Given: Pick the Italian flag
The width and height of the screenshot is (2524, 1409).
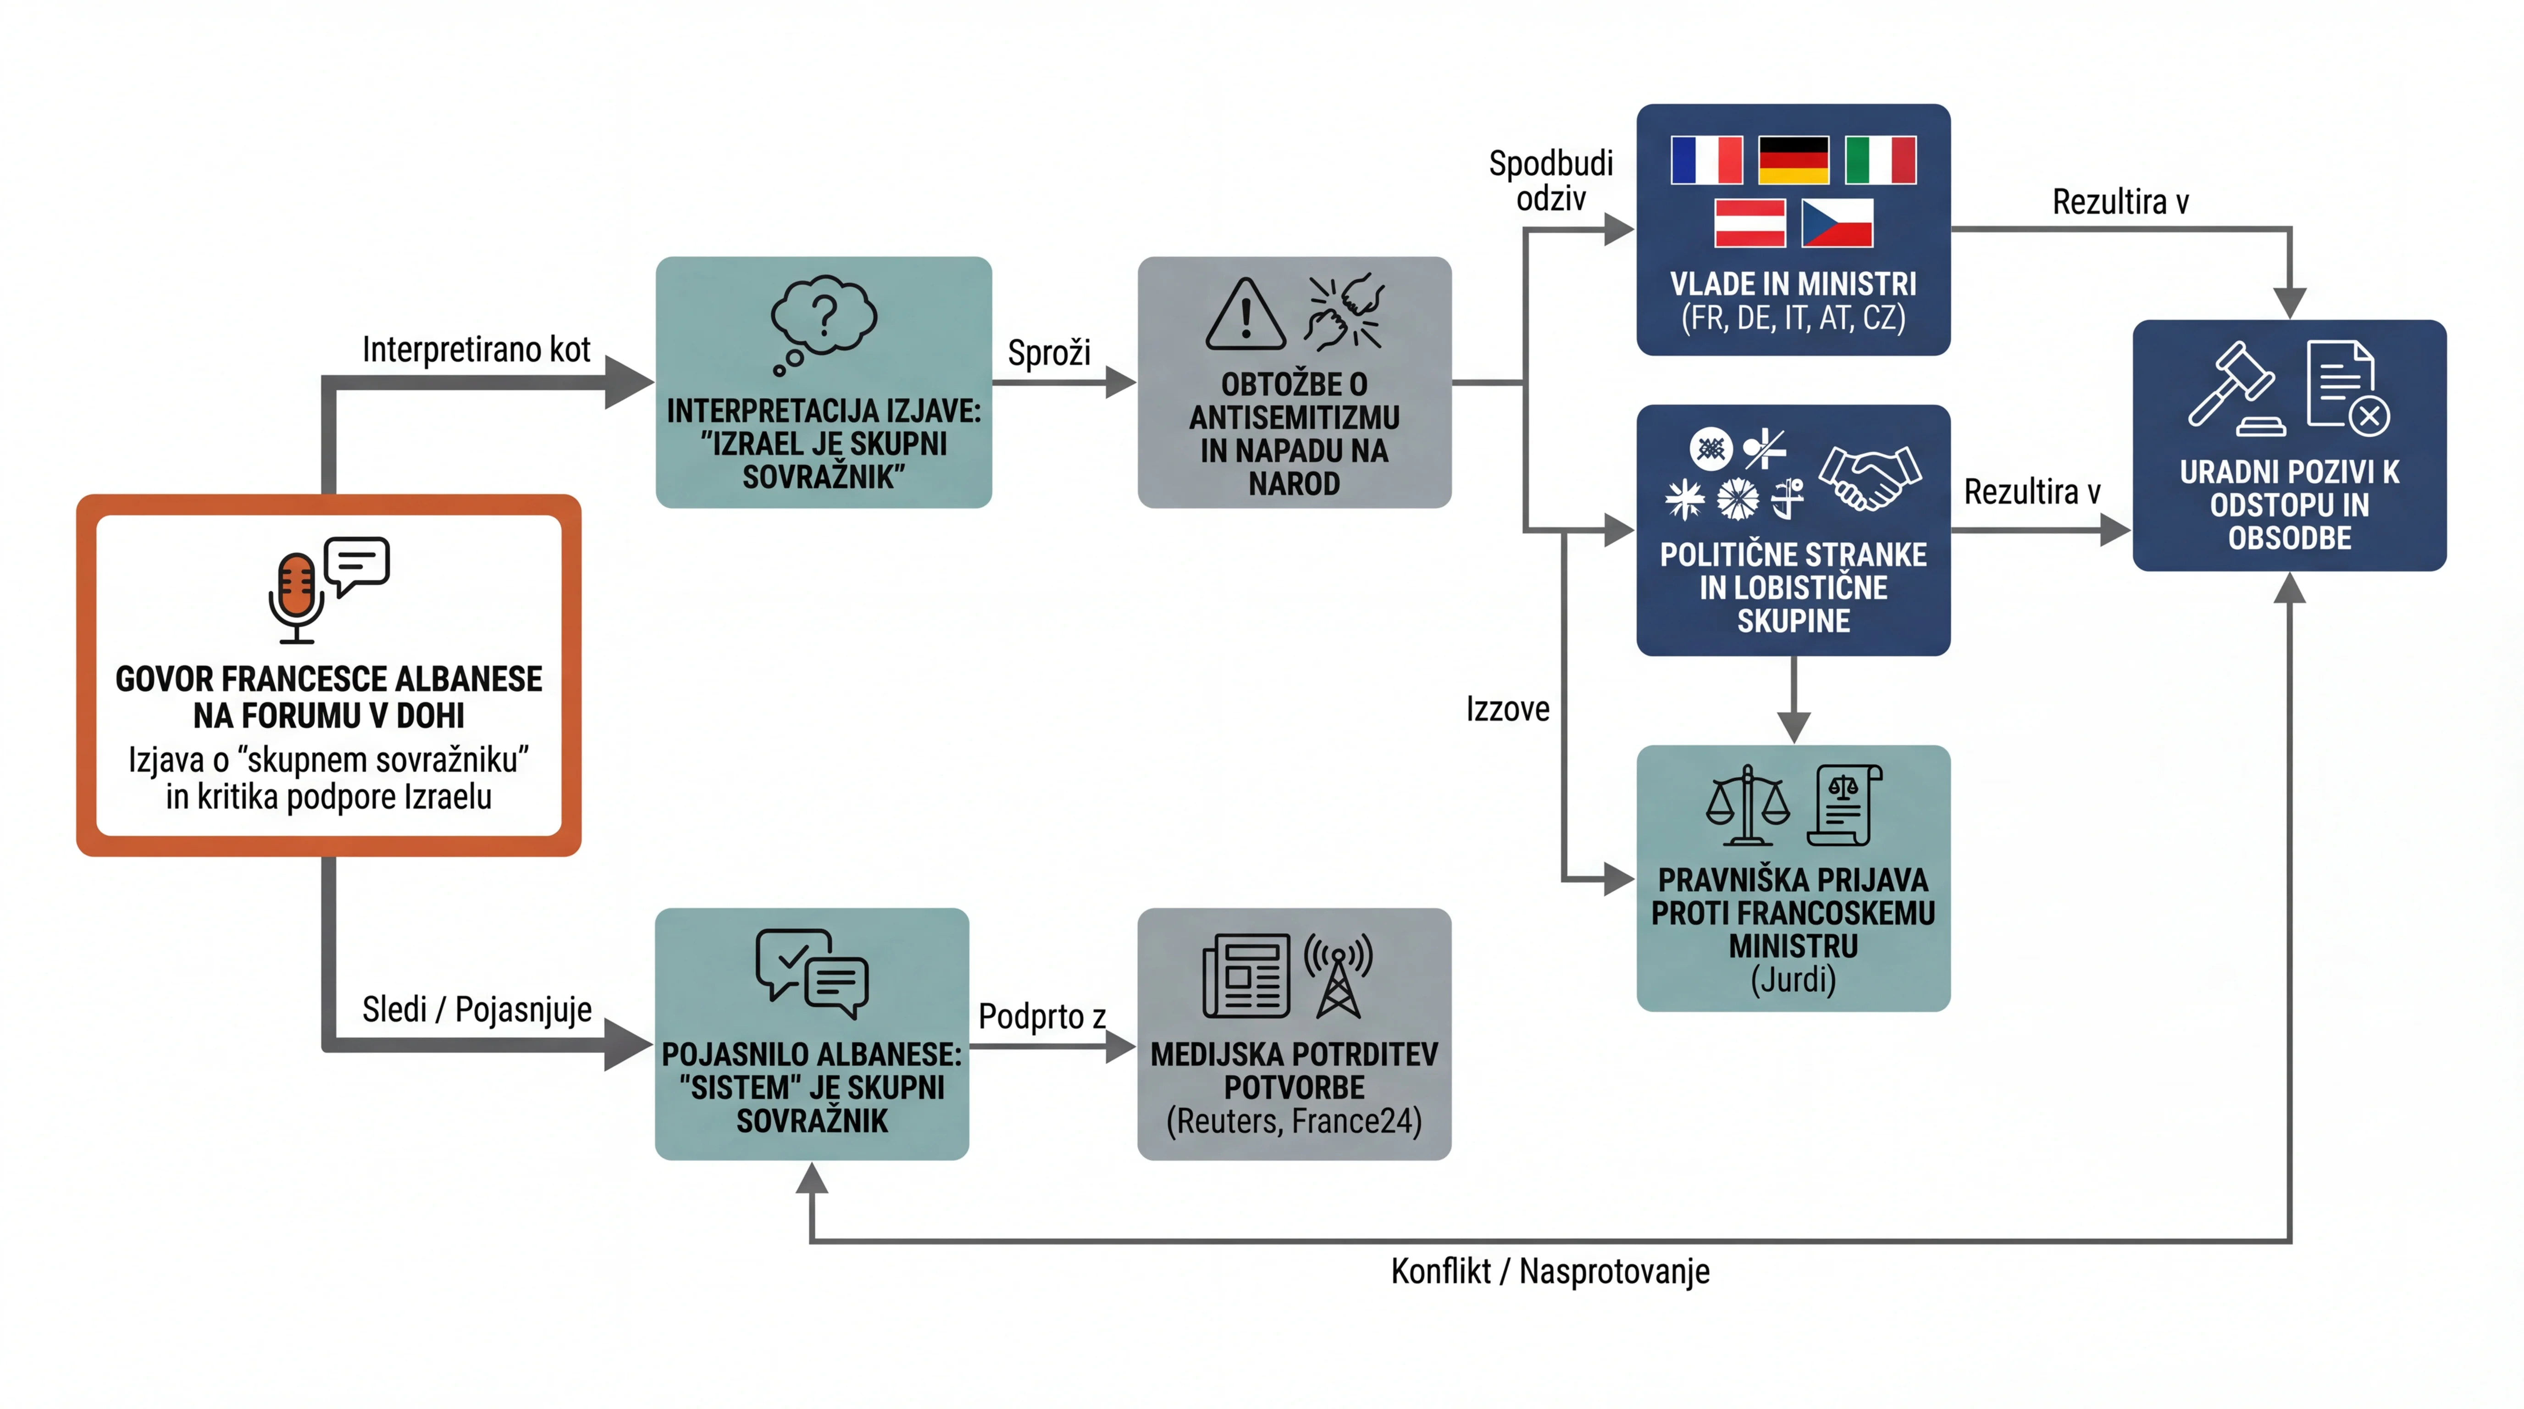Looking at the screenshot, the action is (1880, 160).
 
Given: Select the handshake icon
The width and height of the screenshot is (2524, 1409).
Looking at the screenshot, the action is (1870, 477).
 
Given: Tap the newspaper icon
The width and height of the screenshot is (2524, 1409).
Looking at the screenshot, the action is (1245, 976).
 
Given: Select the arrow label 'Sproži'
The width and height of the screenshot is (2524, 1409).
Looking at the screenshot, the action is (1048, 353).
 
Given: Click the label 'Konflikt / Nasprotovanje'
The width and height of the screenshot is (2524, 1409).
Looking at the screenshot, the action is (1550, 1271).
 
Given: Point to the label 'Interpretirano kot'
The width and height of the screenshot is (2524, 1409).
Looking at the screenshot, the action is (476, 349).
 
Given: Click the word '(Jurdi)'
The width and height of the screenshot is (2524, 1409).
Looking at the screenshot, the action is (1793, 979).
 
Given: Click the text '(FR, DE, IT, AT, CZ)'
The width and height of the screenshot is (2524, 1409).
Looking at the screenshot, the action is (1793, 317).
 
